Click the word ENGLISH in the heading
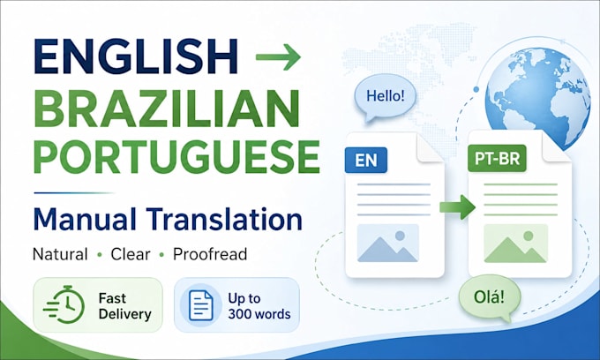(x=136, y=56)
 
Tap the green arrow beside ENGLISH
(x=278, y=57)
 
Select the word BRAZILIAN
(x=167, y=109)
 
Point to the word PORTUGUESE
(x=176, y=157)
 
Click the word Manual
(x=85, y=219)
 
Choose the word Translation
(x=224, y=219)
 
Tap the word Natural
(x=61, y=254)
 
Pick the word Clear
(x=131, y=254)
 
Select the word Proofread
(x=210, y=254)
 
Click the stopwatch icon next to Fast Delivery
(x=64, y=304)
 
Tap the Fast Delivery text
(x=124, y=306)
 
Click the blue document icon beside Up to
(x=201, y=305)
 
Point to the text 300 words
(x=259, y=314)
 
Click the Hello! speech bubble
(x=385, y=97)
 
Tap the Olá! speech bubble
(x=489, y=297)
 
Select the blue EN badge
(x=366, y=160)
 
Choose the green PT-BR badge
(x=497, y=159)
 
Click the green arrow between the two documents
(x=458, y=207)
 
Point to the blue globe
(x=537, y=98)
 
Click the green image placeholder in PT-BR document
(x=515, y=244)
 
